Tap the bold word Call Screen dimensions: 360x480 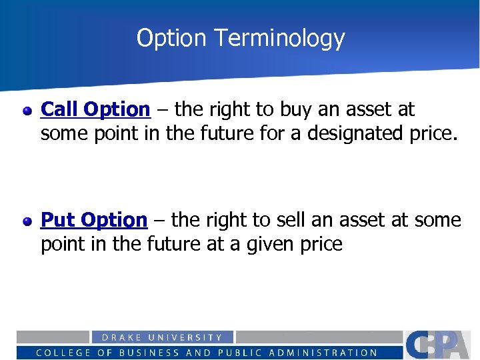(x=60, y=109)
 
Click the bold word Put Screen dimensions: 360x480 (x=58, y=219)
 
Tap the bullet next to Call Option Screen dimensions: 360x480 (x=27, y=110)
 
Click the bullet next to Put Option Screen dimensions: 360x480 (x=27, y=221)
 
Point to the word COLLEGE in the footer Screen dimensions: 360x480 (x=63, y=353)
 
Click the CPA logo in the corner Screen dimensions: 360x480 (x=441, y=344)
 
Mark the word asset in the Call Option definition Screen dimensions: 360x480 (x=368, y=109)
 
